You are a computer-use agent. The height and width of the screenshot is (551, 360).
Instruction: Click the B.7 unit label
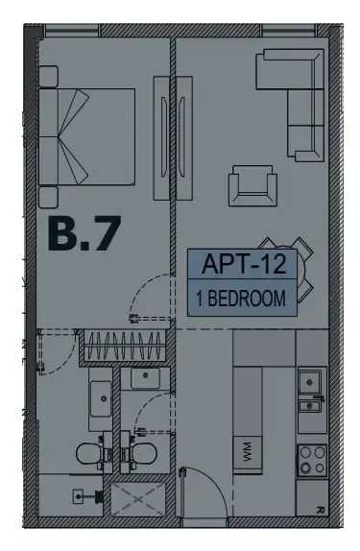84,233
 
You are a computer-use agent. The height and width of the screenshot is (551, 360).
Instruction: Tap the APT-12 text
244,264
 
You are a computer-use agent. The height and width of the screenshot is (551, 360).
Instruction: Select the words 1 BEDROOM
241,299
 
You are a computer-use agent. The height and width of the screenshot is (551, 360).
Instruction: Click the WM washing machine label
248,452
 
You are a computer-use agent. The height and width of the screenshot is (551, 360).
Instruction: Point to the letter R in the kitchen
320,510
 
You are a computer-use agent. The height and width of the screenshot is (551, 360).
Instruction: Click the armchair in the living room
252,185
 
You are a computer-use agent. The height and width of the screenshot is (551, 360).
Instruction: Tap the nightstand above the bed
48,76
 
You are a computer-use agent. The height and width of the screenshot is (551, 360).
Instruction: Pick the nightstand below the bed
48,197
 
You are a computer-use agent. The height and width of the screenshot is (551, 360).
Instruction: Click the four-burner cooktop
312,460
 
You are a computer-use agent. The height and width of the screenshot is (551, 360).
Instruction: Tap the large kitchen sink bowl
309,382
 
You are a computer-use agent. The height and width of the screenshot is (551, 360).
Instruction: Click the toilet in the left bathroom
90,454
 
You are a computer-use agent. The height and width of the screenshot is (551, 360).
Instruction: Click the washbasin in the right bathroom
146,378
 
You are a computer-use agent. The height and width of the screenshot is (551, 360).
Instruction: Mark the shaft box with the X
138,499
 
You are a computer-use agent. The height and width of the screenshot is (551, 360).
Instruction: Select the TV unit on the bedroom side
161,138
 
